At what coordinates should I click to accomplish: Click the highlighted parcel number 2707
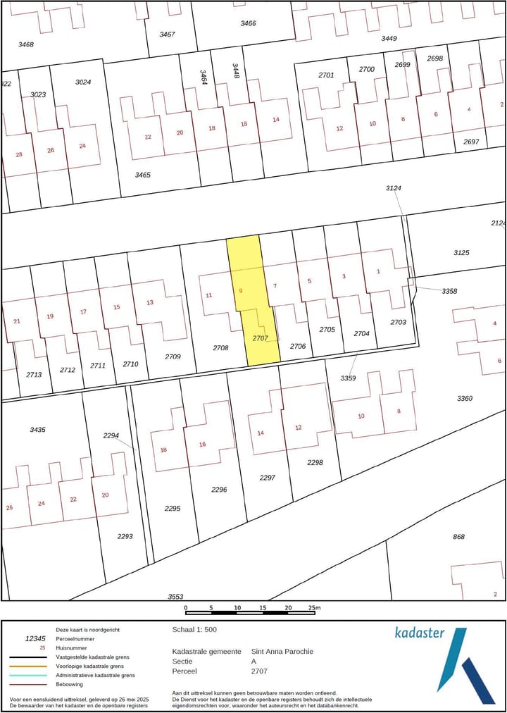point(261,338)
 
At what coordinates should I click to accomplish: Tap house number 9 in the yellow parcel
point(241,290)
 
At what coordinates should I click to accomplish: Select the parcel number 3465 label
point(143,174)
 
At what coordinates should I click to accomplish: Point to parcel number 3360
point(465,398)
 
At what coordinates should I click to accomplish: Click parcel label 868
point(458,537)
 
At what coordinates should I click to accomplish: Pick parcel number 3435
point(37,429)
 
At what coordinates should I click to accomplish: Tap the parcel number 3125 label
point(461,252)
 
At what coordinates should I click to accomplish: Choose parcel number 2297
point(267,478)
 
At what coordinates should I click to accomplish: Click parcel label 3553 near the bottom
point(175,597)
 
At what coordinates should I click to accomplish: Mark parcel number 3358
point(449,291)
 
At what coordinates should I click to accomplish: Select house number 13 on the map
point(149,302)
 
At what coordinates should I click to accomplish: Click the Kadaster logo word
point(419,632)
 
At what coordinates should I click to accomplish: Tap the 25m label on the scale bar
point(313,607)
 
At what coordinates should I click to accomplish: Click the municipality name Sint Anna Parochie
point(282,652)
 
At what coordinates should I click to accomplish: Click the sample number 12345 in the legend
point(35,638)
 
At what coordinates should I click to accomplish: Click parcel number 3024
point(83,82)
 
